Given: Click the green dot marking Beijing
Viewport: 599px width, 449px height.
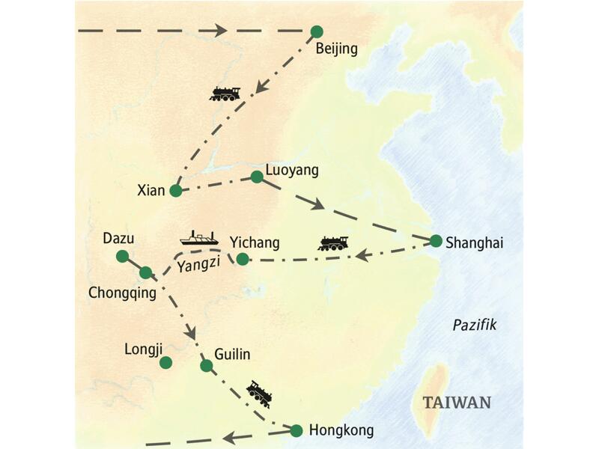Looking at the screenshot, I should tap(317, 31).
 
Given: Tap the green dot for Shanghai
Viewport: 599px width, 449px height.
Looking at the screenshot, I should tap(436, 241).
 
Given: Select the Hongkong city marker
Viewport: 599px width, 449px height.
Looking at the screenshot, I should tap(296, 430).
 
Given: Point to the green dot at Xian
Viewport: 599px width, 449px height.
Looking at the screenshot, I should tap(176, 191).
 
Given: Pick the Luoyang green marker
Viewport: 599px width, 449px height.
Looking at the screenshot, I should tap(257, 177).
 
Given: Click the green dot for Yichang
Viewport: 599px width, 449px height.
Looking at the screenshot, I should tap(242, 259).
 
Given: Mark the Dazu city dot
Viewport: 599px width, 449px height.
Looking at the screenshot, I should tap(122, 256).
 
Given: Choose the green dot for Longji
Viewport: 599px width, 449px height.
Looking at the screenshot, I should tap(166, 362).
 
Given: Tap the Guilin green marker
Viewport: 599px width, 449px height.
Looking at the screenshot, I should tap(207, 366).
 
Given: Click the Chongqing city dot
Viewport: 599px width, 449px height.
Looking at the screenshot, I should tap(146, 272).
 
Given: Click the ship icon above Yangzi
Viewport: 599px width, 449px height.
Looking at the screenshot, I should tap(199, 238).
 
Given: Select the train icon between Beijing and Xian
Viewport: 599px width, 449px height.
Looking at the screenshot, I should tap(225, 94).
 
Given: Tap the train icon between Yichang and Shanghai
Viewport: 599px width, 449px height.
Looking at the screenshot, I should tap(333, 242).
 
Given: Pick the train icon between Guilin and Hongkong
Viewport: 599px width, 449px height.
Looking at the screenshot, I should tap(258, 392).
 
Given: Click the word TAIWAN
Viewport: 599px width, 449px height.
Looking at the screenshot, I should tap(457, 403).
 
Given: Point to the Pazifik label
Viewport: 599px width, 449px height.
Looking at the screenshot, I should tap(475, 324).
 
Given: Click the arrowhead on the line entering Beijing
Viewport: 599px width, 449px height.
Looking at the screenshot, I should tap(219, 31).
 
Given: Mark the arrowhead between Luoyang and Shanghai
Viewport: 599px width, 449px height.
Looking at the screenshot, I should tap(318, 204).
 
